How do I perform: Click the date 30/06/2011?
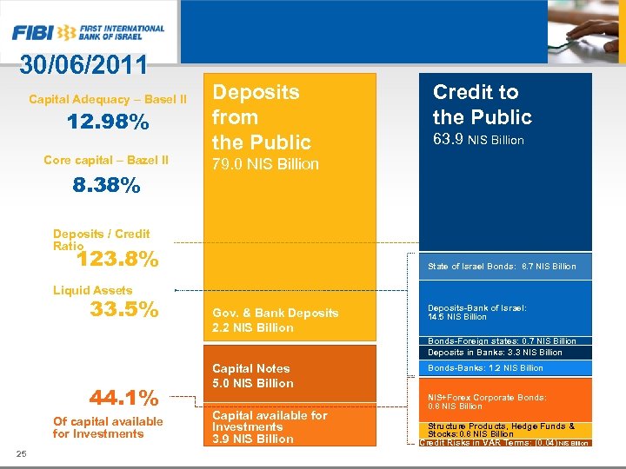(83, 66)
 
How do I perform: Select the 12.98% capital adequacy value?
(109, 123)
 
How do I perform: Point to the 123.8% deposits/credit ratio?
(117, 259)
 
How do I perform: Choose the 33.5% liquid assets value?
(124, 309)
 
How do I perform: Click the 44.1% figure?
(124, 398)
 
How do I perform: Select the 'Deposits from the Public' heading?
(262, 116)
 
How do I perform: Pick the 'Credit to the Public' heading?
(482, 104)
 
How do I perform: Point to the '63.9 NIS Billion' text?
(478, 140)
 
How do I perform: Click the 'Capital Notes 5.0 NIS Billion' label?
(253, 375)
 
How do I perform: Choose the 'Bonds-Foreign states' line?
(502, 341)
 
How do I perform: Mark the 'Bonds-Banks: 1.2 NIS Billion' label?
(485, 368)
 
